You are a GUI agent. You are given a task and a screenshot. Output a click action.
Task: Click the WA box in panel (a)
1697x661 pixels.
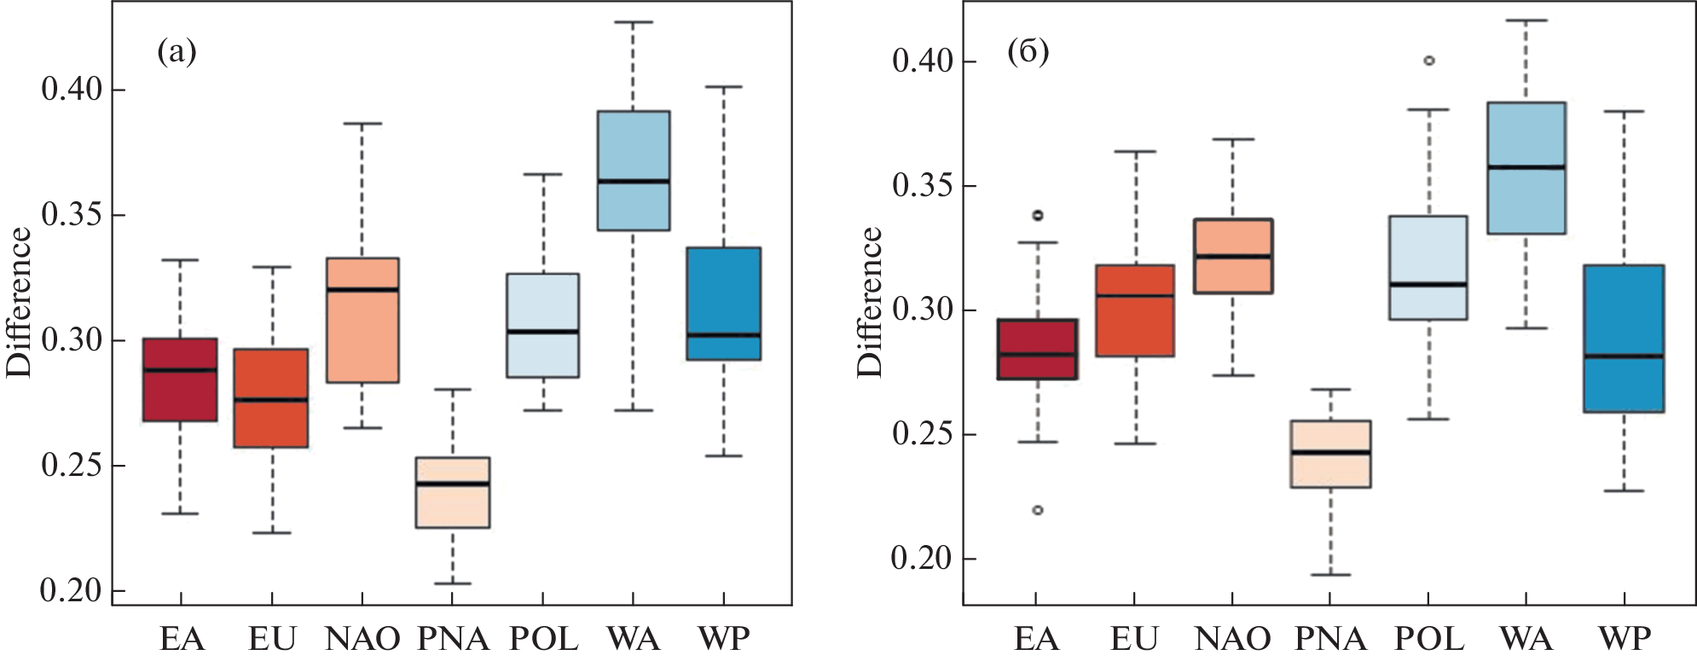[x=633, y=171]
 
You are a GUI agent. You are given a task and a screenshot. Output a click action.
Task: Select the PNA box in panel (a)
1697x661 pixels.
[x=452, y=492]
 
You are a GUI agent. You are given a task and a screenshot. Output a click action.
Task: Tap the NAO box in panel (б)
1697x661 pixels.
[x=1233, y=256]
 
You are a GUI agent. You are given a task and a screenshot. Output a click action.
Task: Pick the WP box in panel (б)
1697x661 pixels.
[x=1623, y=339]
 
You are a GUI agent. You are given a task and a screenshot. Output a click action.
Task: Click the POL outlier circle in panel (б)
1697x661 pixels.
[x=1429, y=61]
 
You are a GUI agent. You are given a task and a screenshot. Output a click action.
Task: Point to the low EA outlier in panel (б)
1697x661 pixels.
[x=1038, y=510]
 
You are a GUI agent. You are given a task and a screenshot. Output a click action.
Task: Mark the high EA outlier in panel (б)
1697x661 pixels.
[x=1038, y=216]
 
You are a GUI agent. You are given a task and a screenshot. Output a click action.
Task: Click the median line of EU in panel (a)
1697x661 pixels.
[x=271, y=399]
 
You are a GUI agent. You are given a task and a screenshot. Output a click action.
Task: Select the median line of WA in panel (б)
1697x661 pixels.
[x=1526, y=167]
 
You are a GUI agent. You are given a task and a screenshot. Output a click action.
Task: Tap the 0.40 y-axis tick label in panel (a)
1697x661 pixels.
[x=72, y=89]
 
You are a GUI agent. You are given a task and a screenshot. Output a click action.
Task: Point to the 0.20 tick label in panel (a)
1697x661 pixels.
[x=72, y=590]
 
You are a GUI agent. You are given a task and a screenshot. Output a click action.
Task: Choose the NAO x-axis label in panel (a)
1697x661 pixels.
[x=362, y=639]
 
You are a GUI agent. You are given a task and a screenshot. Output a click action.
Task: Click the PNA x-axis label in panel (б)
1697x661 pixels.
[x=1330, y=639]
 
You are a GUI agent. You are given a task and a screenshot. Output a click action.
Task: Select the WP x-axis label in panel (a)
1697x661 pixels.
[x=724, y=639]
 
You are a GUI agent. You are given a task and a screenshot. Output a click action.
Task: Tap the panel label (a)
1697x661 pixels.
[x=177, y=53]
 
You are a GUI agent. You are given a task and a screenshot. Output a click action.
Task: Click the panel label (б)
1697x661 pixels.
[x=1028, y=53]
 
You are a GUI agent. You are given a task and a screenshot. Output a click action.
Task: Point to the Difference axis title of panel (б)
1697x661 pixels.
[x=870, y=302]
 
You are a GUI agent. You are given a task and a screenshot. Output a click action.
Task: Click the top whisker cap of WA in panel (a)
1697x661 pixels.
[x=633, y=22]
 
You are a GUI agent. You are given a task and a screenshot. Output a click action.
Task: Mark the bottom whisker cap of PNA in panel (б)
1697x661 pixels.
[x=1330, y=575]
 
